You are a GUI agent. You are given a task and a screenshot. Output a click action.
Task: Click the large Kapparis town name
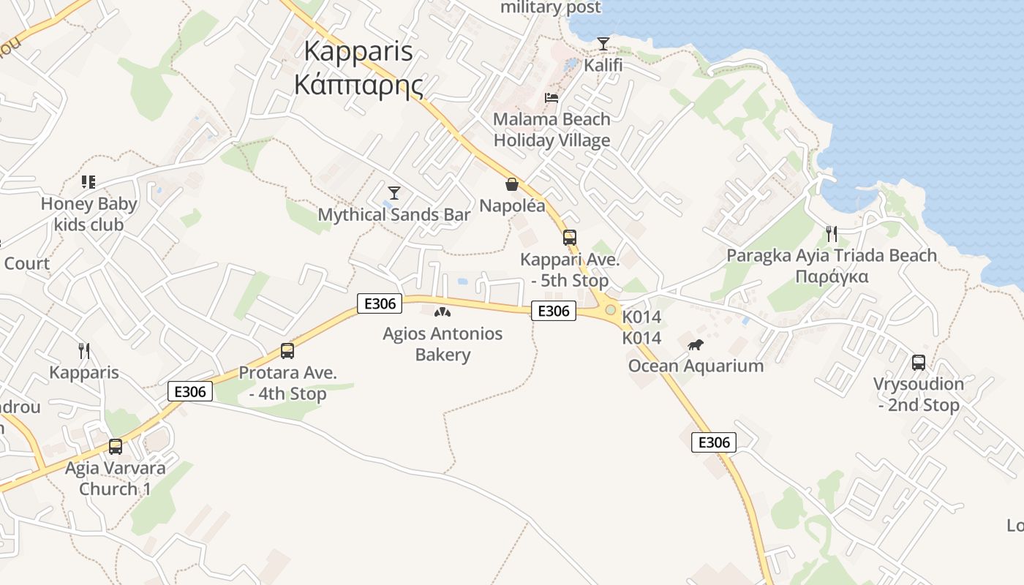[358, 51]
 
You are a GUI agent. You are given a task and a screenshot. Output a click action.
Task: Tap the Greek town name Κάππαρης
[358, 84]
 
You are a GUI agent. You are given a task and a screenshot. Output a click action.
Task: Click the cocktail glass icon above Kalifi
[603, 44]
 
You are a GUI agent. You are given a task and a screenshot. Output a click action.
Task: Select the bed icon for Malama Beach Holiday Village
[551, 98]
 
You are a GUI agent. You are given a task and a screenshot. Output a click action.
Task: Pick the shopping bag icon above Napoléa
[512, 184]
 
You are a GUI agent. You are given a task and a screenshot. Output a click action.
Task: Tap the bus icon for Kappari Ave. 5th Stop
[570, 238]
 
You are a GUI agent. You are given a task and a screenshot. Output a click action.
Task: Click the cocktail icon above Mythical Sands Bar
[394, 193]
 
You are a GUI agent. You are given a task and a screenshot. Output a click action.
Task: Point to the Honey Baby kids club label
[89, 214]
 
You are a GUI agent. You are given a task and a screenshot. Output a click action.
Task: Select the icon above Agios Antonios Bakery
[443, 312]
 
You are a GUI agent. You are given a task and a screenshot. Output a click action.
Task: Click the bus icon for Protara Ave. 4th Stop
[287, 351]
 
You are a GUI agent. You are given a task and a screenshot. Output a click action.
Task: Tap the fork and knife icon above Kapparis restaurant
[84, 351]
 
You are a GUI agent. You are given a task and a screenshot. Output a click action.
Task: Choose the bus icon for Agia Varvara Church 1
[116, 446]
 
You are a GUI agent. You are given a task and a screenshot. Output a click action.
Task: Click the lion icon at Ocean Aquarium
[696, 344]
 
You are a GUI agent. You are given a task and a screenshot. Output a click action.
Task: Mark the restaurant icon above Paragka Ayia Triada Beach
[832, 234]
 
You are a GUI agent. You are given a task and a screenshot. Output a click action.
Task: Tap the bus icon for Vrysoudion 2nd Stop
[919, 362]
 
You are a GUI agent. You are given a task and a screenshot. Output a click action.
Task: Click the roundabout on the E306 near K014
[610, 310]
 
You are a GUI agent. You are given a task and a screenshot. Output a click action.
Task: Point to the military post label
[551, 8]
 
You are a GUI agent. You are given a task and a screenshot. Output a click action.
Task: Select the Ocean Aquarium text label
[696, 366]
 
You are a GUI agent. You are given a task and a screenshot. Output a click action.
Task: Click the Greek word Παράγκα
[832, 276]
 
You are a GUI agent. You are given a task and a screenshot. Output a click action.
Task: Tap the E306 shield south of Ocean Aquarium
[714, 442]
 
